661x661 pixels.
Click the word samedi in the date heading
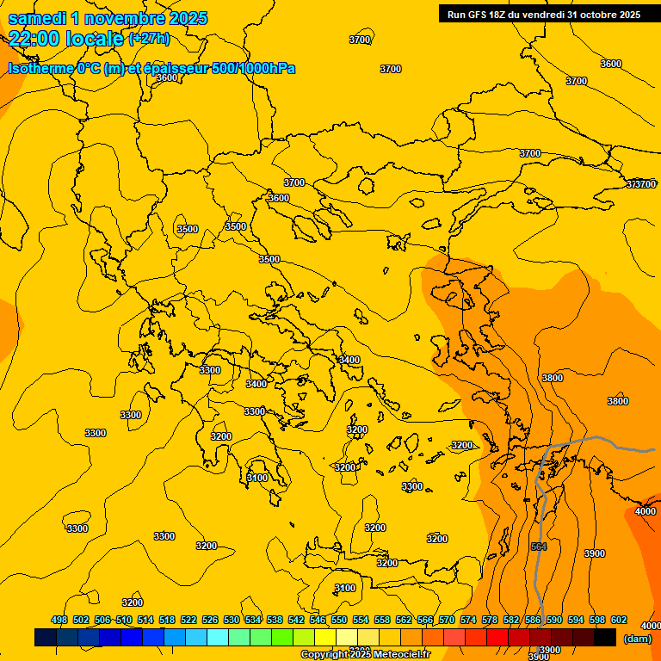point(40,18)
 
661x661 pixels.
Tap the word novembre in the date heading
point(127,18)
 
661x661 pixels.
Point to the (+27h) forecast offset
point(148,39)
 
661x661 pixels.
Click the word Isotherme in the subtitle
point(40,68)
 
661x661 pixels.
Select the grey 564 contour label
point(539,547)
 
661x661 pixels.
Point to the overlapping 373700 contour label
point(640,184)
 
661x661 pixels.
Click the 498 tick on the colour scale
point(59,620)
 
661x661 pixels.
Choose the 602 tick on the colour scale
point(619,620)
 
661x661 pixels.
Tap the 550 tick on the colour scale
point(339,620)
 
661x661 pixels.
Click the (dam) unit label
point(638,639)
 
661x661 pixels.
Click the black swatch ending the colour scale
point(605,637)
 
